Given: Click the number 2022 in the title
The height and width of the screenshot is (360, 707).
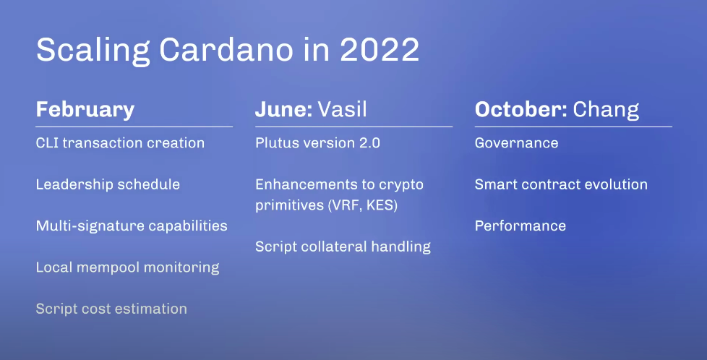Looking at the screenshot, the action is pyautogui.click(x=380, y=50).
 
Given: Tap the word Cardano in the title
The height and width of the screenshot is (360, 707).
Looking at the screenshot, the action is pyautogui.click(x=226, y=49).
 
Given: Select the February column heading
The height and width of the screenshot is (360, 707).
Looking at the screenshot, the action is pyautogui.click(x=85, y=110).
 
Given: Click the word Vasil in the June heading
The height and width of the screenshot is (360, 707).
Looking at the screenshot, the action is pyautogui.click(x=342, y=109).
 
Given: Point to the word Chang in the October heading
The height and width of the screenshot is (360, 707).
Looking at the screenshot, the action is pyautogui.click(x=606, y=110).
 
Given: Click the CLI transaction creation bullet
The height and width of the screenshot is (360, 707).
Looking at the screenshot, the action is pyautogui.click(x=121, y=143).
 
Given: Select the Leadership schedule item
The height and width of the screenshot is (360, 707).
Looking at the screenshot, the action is pyautogui.click(x=108, y=184).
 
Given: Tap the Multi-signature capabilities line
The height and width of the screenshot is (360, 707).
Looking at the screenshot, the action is pyautogui.click(x=132, y=226).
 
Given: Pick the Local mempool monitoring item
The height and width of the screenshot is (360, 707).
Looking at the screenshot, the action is pyautogui.click(x=128, y=267).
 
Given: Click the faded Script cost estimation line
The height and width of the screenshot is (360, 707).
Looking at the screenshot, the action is pyautogui.click(x=111, y=309).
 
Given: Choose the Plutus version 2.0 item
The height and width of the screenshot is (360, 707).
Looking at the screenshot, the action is pyautogui.click(x=318, y=143).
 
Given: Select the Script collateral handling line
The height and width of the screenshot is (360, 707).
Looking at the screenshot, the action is pyautogui.click(x=343, y=247).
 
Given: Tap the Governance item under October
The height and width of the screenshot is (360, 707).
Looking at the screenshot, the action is pyautogui.click(x=517, y=143).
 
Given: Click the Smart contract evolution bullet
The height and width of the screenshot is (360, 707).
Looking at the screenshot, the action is pyautogui.click(x=562, y=184).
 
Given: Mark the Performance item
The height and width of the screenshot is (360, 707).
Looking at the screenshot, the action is pyautogui.click(x=520, y=226).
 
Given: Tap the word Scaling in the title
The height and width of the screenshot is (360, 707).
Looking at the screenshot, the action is pyautogui.click(x=93, y=51).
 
